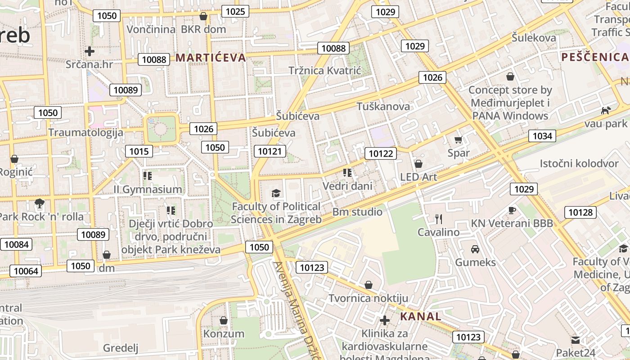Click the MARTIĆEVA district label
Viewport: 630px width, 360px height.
(x=211, y=58)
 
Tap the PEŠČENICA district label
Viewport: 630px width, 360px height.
(x=594, y=57)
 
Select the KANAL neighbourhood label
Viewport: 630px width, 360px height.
(x=421, y=316)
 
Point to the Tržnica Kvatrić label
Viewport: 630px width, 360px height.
(x=325, y=71)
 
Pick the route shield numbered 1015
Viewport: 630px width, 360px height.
(x=139, y=151)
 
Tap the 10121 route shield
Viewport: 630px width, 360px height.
(x=270, y=151)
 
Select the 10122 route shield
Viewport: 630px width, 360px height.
(x=381, y=154)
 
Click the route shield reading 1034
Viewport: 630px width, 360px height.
(x=542, y=136)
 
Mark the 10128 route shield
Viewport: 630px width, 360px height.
(x=580, y=212)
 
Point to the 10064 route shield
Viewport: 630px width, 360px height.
(x=26, y=271)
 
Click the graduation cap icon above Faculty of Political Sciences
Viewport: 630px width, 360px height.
(x=276, y=193)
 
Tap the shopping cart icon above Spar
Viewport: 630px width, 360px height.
(x=458, y=140)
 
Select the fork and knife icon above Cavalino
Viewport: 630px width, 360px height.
(x=439, y=219)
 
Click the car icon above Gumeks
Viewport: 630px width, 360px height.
(x=475, y=249)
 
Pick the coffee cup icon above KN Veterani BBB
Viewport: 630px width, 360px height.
(x=512, y=210)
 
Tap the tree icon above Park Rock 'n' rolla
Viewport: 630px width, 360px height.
(x=40, y=203)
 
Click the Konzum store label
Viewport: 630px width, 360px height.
(x=224, y=334)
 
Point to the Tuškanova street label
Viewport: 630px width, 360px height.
(x=383, y=107)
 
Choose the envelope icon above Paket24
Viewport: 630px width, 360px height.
(x=575, y=339)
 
